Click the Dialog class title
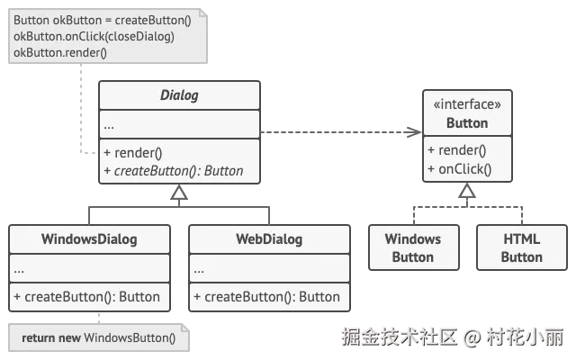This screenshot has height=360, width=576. pos(179,95)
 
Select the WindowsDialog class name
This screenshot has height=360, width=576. pos(89,239)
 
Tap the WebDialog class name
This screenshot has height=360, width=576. pos(269,239)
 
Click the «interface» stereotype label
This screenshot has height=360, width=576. pos(467,104)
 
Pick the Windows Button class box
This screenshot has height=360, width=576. pos(414,247)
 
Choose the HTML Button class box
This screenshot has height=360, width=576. pos(522,247)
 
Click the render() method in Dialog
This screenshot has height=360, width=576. pos(133,153)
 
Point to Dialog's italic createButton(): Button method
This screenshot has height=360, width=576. pos(174,171)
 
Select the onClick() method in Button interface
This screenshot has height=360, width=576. pos(460,169)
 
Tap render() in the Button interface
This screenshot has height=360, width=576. pos(457,150)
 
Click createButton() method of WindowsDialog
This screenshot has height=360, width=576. pos(86,297)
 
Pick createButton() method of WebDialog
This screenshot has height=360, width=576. pos(266,297)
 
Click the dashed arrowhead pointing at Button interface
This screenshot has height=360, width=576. pos(414,132)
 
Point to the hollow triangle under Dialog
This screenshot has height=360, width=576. pos(179,192)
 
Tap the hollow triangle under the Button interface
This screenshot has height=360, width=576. pos(467,190)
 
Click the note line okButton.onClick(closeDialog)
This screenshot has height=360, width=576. pos(94,36)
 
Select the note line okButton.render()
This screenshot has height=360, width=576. pos(60,52)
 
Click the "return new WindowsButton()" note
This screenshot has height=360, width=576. pos(98,337)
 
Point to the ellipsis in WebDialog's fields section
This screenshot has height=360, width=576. pos(199,272)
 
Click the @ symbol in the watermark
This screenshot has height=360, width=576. pos(472,337)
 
